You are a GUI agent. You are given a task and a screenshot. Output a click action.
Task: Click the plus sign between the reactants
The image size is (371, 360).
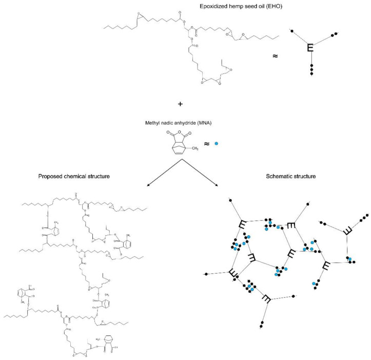click(181, 104)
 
